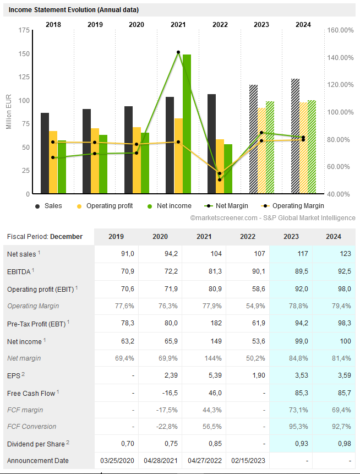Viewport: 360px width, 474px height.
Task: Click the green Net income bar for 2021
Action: (187, 124)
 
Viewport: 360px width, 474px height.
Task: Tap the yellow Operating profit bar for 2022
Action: (220, 166)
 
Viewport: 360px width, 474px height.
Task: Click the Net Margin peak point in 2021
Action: (178, 52)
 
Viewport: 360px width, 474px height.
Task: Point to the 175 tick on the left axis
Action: (24, 30)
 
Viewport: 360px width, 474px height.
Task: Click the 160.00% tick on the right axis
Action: (340, 30)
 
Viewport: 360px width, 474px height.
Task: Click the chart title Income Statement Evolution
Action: (74, 10)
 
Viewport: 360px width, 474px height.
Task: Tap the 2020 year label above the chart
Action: (137, 25)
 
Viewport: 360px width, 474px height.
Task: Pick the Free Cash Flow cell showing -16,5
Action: (160, 393)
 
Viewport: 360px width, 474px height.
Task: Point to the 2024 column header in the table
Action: (333, 237)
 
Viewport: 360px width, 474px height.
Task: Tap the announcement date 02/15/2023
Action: (247, 461)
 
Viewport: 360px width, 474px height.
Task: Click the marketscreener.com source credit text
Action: (272, 218)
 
